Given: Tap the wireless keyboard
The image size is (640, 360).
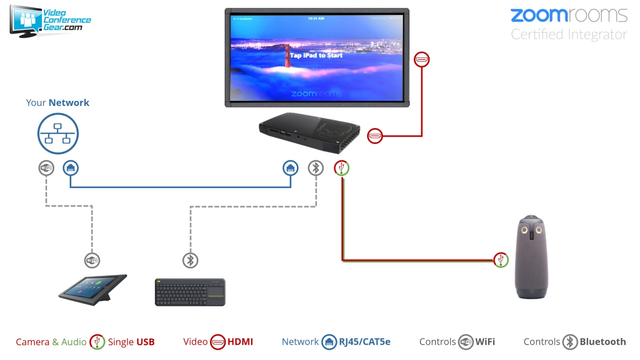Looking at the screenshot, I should click(x=190, y=292).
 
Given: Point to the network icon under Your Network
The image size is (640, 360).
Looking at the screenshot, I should click(x=58, y=133).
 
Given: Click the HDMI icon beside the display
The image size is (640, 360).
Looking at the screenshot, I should click(x=422, y=59).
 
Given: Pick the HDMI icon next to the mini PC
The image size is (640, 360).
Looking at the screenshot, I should click(x=375, y=136).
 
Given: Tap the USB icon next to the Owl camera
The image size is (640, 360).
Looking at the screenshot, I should click(x=501, y=260).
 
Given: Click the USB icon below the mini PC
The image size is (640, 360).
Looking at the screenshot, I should click(x=342, y=167).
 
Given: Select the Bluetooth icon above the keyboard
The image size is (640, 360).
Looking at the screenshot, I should click(x=190, y=260).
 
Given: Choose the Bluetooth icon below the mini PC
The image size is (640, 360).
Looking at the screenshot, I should click(x=316, y=167).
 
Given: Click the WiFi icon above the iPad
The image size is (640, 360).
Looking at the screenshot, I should click(x=92, y=260).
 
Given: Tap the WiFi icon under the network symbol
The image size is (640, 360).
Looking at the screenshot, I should click(x=46, y=167).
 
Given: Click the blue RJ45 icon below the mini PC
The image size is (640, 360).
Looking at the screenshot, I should click(x=291, y=167).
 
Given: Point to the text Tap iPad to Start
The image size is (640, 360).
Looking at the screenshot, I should click(x=316, y=55).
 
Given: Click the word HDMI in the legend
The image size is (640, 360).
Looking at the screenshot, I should click(x=240, y=342).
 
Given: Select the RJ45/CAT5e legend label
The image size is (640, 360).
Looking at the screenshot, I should click(x=365, y=342).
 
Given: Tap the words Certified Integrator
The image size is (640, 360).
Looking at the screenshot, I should click(x=569, y=34).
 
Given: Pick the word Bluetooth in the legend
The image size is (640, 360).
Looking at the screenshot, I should click(x=603, y=342).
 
